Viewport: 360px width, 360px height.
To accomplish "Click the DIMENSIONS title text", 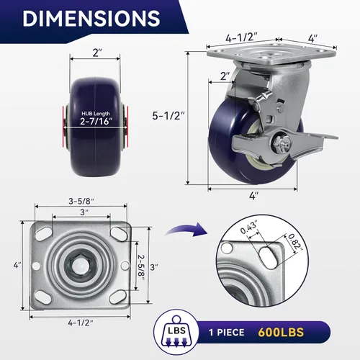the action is [x=91, y=18].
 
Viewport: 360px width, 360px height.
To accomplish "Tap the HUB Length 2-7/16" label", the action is [x=96, y=118].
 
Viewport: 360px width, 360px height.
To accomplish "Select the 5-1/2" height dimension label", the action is [x=168, y=116].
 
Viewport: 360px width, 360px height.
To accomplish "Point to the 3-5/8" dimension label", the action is [x=81, y=201].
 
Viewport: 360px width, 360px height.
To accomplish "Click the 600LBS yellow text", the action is [x=281, y=333].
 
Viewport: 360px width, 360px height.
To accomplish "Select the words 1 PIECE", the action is [x=226, y=333].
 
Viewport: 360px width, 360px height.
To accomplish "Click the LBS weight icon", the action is [x=176, y=332].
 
